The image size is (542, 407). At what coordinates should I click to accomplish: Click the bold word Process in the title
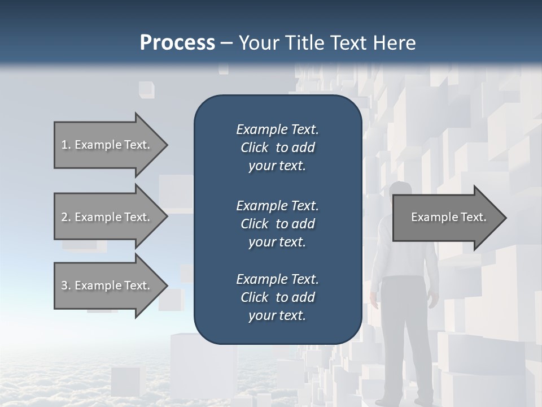[x=177, y=43]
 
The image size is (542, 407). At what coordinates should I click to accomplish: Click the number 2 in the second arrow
[x=64, y=217]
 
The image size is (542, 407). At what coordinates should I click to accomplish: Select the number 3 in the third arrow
[x=64, y=285]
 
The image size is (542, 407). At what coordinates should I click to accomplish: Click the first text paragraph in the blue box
[x=277, y=148]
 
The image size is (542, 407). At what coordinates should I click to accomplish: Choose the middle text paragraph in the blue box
[x=277, y=223]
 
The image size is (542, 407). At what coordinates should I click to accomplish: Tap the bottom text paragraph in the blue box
[x=277, y=297]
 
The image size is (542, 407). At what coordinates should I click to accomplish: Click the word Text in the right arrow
[x=474, y=217]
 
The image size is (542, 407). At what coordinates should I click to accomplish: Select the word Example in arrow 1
[x=98, y=145]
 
